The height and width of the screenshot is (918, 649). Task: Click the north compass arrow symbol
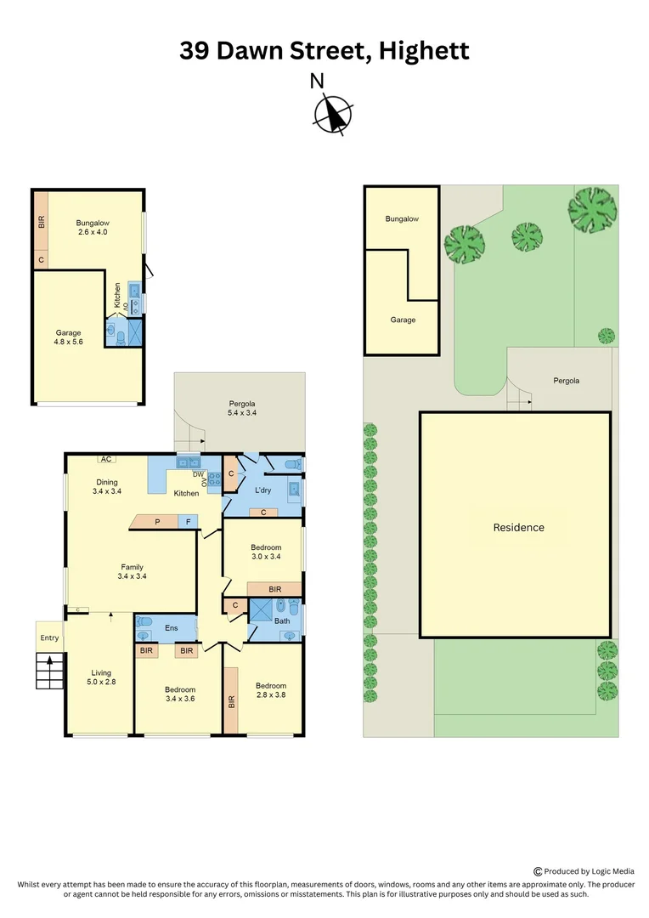coord(334,114)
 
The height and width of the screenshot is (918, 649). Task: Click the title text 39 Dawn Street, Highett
coord(324,50)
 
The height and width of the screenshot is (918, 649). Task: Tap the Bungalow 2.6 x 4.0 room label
coord(93,227)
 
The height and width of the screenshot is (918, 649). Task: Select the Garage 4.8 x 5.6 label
coord(69,338)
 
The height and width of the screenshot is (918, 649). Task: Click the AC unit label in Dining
coord(106,459)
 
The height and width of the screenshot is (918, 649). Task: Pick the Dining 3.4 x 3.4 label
coord(106,487)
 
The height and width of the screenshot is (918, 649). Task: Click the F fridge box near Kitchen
coord(189,521)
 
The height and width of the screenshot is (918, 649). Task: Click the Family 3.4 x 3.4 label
coord(132,572)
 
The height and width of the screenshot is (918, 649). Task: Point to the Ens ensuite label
coord(171,628)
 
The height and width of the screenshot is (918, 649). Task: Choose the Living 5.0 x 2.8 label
coord(101,678)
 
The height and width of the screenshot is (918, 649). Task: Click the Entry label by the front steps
coord(49,637)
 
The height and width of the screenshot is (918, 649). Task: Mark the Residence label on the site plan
coord(519,527)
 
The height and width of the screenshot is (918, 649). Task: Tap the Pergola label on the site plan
coord(566,381)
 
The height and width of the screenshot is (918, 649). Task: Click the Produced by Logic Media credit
coord(584,870)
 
